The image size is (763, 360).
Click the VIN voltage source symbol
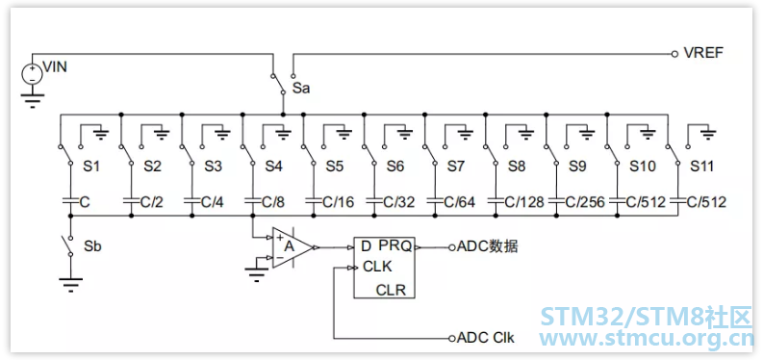coord(32,74)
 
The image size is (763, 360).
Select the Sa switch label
coord(301,89)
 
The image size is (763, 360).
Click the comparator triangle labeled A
coord(292,247)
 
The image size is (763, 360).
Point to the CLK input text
coord(377,268)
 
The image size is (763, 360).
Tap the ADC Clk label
coord(485,338)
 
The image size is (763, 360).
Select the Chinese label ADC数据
coord(487,247)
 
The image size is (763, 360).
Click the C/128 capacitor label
coord(522,202)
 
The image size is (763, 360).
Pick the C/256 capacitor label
coord(583,202)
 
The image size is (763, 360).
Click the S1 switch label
coord(91,167)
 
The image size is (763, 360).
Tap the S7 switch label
coord(456,167)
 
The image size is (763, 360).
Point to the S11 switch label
coord(702,167)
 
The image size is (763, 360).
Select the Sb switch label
coord(93,245)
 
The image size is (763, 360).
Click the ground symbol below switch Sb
coord(70,284)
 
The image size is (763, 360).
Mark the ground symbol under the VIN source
coord(32,99)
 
